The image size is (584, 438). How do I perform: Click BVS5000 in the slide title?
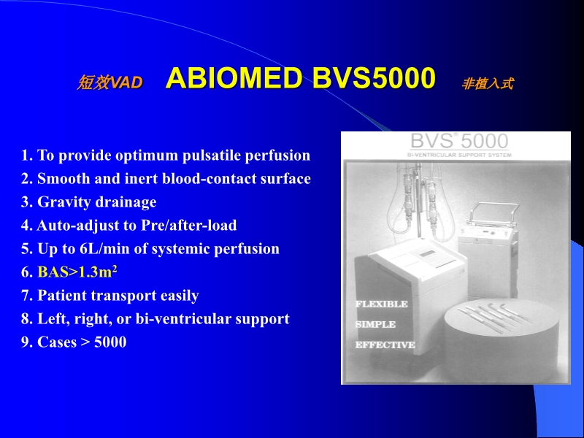pyautogui.click(x=374, y=80)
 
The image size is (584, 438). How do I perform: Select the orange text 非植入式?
pyautogui.click(x=487, y=84)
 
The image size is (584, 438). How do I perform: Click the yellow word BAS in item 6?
pyautogui.click(x=52, y=272)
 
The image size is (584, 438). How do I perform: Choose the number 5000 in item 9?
pyautogui.click(x=110, y=342)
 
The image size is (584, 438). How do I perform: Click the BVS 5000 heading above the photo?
pyautogui.click(x=459, y=141)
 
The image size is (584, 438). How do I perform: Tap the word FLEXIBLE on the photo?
pyautogui.click(x=381, y=304)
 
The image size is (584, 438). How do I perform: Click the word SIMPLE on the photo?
pyautogui.click(x=375, y=324)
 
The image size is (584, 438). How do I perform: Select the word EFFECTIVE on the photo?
pyautogui.click(x=385, y=345)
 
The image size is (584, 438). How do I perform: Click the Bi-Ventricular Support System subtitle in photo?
pyautogui.click(x=459, y=155)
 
